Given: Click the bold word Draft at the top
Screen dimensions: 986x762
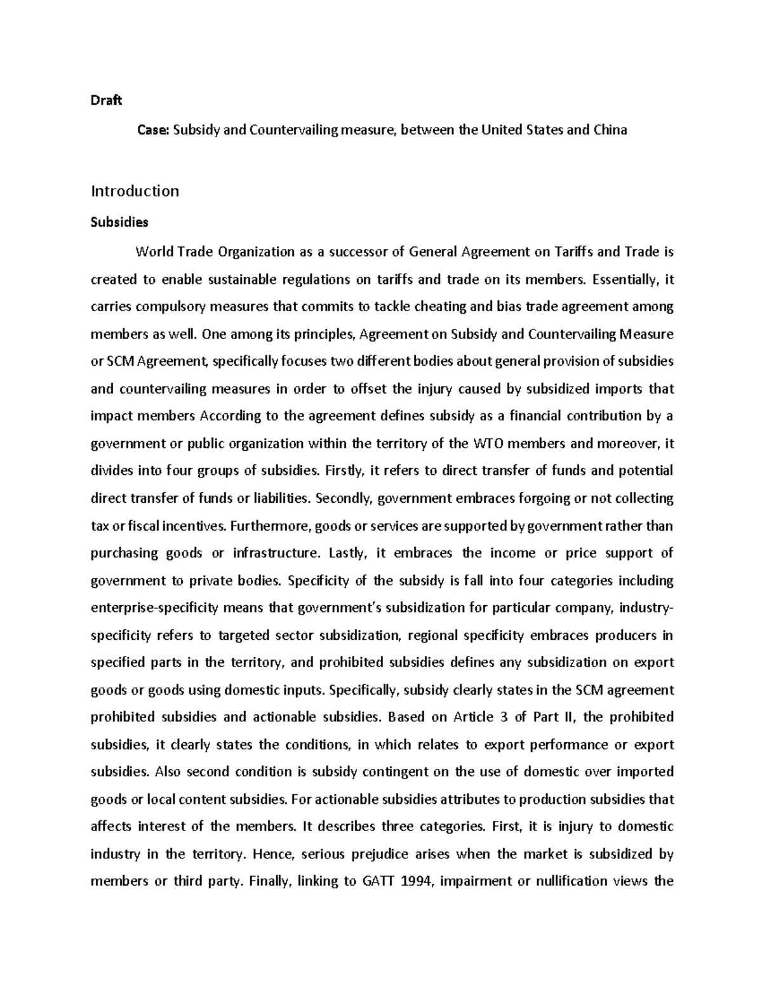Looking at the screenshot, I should coord(106,101).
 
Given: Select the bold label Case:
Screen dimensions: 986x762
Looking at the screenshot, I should coord(154,130).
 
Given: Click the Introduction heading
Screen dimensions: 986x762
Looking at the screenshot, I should coord(135,191).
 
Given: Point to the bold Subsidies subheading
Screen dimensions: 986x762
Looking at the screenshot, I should coord(119,222).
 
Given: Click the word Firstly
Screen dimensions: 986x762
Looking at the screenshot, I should coord(344,470).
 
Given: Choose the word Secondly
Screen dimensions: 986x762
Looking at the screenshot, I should coord(343,498).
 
